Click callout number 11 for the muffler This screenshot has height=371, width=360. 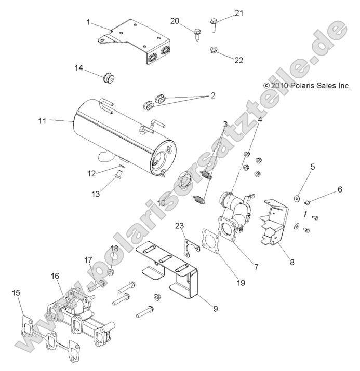click(x=42, y=120)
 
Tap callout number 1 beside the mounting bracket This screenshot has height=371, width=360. click(x=88, y=22)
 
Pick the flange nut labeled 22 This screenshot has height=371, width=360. click(x=213, y=50)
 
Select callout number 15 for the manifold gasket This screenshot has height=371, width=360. click(x=17, y=293)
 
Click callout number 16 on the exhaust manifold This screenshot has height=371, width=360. click(x=55, y=276)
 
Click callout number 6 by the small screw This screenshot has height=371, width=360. click(x=340, y=189)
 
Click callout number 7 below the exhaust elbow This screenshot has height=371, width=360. click(x=255, y=267)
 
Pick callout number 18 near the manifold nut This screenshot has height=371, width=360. click(x=114, y=248)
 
